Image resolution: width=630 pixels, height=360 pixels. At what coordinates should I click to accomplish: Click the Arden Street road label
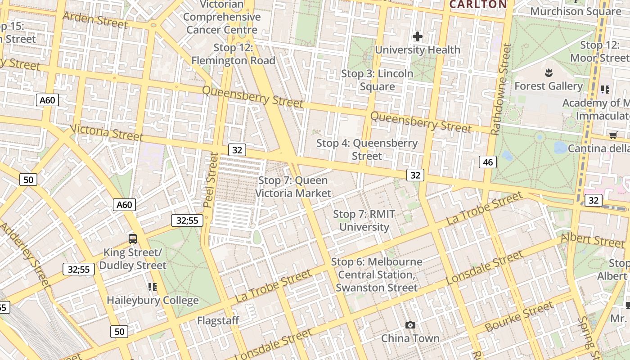coord(95,20)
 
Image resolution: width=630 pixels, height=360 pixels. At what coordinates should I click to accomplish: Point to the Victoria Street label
coord(107,133)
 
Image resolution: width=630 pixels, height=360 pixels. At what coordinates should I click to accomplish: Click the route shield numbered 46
coord(488,162)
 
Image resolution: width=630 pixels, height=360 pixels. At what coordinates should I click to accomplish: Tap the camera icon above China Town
coord(410,325)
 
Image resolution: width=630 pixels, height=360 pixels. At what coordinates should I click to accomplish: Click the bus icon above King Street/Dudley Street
coord(132,238)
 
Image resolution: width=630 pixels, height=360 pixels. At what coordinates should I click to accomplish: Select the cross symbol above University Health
coord(418,36)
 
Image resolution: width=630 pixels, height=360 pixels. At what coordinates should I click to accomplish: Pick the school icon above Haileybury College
coord(152,287)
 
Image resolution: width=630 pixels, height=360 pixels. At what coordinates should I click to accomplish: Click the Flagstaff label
coord(218,321)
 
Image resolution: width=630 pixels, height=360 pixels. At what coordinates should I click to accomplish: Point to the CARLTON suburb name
coord(478,4)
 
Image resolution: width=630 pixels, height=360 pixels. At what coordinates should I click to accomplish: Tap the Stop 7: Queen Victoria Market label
coord(293,187)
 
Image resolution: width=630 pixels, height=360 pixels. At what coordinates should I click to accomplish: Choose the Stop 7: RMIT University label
coord(364,220)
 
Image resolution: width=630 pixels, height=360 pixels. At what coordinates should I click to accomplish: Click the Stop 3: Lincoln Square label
coord(377,80)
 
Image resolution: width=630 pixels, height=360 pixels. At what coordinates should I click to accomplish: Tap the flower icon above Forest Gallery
coord(548,72)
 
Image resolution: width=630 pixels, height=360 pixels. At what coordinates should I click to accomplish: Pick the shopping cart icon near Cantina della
coord(612,135)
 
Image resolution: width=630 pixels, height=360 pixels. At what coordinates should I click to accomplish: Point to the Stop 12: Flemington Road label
coord(233,54)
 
